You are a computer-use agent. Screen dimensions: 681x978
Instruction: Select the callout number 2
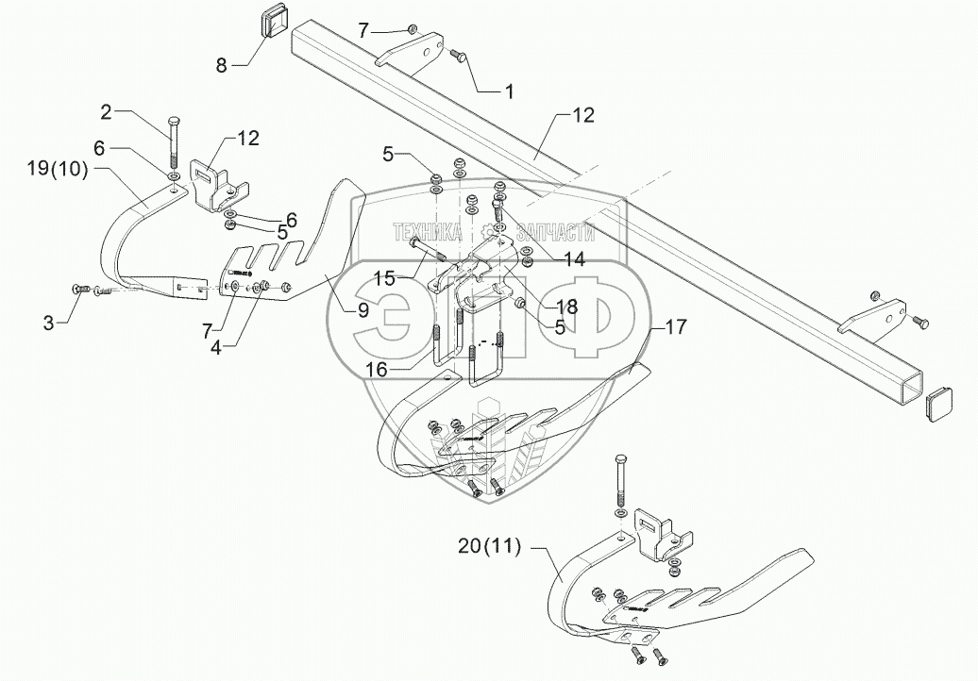107,112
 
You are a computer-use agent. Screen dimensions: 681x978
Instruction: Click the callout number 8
221,65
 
